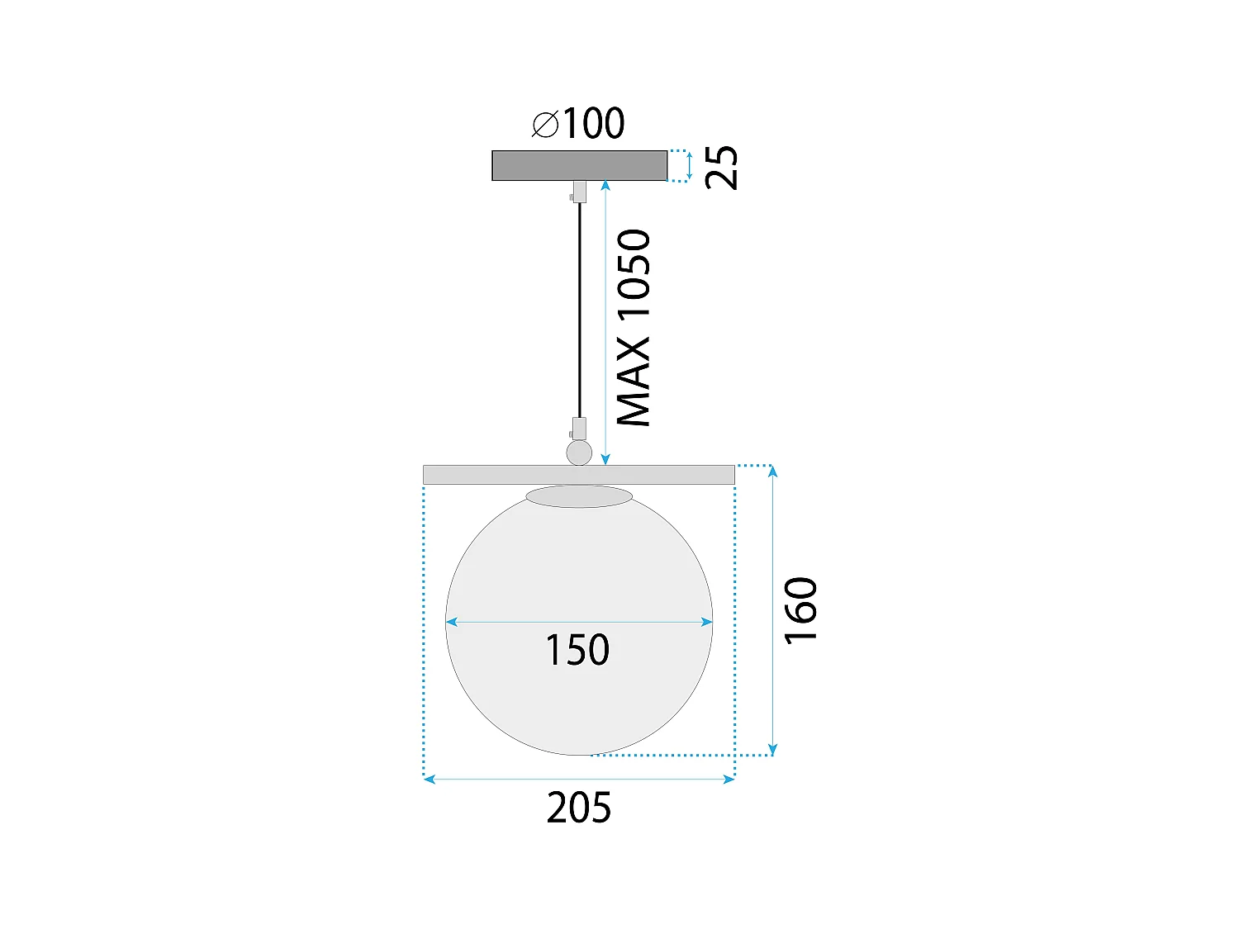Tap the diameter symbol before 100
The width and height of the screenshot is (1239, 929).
[545, 125]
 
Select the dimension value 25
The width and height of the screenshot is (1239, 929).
[722, 167]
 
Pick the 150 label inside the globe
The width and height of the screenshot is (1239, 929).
[577, 650]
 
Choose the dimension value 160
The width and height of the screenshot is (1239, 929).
[800, 610]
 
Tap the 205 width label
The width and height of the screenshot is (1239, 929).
[578, 808]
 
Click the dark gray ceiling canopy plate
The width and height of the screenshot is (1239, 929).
[579, 165]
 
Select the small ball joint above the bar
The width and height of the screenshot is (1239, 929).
[579, 453]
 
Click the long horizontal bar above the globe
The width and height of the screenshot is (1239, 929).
[578, 475]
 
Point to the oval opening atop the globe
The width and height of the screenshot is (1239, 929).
[579, 496]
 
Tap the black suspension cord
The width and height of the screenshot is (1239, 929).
[579, 314]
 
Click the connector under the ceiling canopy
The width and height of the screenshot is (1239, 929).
[579, 192]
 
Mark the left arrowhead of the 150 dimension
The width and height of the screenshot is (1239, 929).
[451, 622]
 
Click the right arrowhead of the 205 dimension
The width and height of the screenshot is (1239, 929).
[729, 779]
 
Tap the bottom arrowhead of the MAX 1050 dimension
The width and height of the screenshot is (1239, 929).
[605, 459]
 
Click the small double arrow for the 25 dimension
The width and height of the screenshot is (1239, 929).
[690, 166]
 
